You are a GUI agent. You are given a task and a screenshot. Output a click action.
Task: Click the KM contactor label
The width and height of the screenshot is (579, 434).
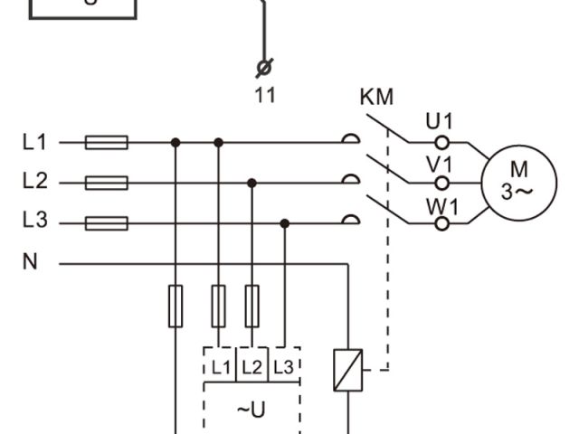[377, 98]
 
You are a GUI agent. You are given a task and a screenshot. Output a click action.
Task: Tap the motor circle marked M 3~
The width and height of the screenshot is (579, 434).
[517, 181]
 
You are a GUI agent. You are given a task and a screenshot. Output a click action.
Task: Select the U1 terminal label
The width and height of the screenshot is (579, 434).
[441, 121]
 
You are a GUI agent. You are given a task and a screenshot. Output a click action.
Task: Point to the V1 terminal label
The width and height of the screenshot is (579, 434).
[441, 164]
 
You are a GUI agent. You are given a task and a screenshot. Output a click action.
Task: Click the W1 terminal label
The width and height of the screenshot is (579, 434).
[442, 206]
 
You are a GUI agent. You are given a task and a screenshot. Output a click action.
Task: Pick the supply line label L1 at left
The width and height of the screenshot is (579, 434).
[34, 142]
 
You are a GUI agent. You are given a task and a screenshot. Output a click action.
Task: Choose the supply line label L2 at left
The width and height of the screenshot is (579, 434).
[34, 182]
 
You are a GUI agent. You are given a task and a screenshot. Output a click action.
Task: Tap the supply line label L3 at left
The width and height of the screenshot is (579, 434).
[34, 222]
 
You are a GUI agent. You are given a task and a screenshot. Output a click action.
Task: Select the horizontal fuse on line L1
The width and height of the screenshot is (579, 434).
[106, 142]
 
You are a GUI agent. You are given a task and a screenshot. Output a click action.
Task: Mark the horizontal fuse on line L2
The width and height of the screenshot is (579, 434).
[106, 183]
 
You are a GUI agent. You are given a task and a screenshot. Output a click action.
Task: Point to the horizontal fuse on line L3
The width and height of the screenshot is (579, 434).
[106, 223]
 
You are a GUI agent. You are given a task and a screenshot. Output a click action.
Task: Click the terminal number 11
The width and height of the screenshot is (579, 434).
[265, 95]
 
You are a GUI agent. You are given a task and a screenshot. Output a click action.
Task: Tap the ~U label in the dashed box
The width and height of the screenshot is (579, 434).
[251, 410]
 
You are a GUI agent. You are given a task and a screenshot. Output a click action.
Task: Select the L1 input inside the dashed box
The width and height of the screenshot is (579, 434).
[221, 367]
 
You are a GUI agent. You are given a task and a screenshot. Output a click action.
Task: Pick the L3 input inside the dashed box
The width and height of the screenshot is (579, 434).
[283, 367]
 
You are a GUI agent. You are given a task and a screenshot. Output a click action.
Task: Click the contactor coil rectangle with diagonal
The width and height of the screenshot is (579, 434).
[347, 370]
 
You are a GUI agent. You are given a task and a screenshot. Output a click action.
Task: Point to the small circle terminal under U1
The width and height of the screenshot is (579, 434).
[441, 142]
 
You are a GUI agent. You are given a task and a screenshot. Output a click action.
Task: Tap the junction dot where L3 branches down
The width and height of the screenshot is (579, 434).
[284, 223]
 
